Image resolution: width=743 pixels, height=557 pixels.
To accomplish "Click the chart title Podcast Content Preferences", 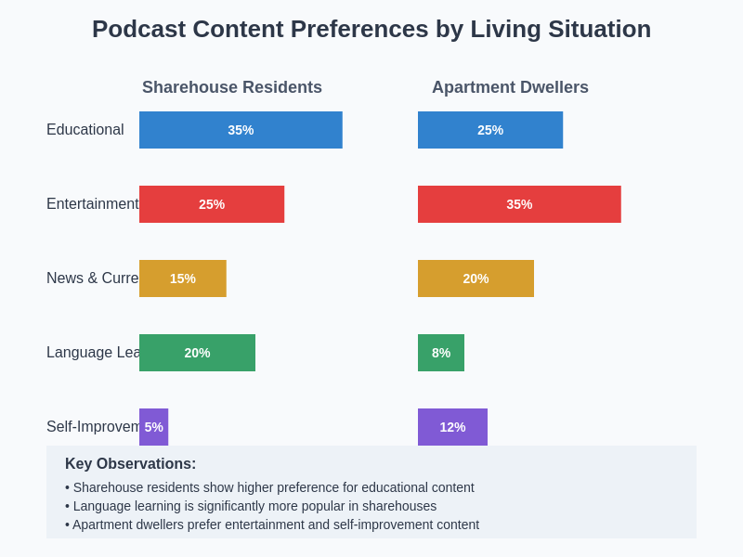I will [x=371, y=29].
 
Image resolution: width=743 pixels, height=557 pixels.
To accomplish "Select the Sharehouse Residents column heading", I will [x=232, y=87].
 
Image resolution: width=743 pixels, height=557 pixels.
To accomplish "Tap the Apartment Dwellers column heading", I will [x=510, y=87].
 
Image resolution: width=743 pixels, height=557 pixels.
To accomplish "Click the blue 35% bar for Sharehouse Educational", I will [x=241, y=130].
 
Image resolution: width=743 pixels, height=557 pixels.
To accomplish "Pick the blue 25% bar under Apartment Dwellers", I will [x=490, y=130].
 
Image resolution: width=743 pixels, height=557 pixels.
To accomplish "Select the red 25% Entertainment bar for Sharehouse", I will [x=212, y=204].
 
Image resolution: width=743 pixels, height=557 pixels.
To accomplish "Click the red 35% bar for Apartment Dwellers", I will [x=519, y=204].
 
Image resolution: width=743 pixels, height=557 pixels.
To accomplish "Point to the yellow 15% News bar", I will [x=183, y=278].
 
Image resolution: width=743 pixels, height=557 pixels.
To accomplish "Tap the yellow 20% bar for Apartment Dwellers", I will [x=476, y=278].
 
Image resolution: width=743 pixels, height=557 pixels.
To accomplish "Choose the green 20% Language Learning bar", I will [x=197, y=353].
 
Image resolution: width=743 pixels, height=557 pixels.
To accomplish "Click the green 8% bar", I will [x=441, y=353].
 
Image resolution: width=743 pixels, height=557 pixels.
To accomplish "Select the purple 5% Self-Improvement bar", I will [x=153, y=427].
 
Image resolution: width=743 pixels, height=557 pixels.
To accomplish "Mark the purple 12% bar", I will [x=452, y=427].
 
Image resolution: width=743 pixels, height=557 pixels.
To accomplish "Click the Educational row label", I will [x=85, y=130].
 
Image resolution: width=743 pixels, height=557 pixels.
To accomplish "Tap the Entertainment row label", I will [x=92, y=204].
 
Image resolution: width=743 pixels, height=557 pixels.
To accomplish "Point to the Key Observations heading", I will [x=130, y=464].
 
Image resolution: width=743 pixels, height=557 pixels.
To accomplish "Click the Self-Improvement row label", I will [x=92, y=427].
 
